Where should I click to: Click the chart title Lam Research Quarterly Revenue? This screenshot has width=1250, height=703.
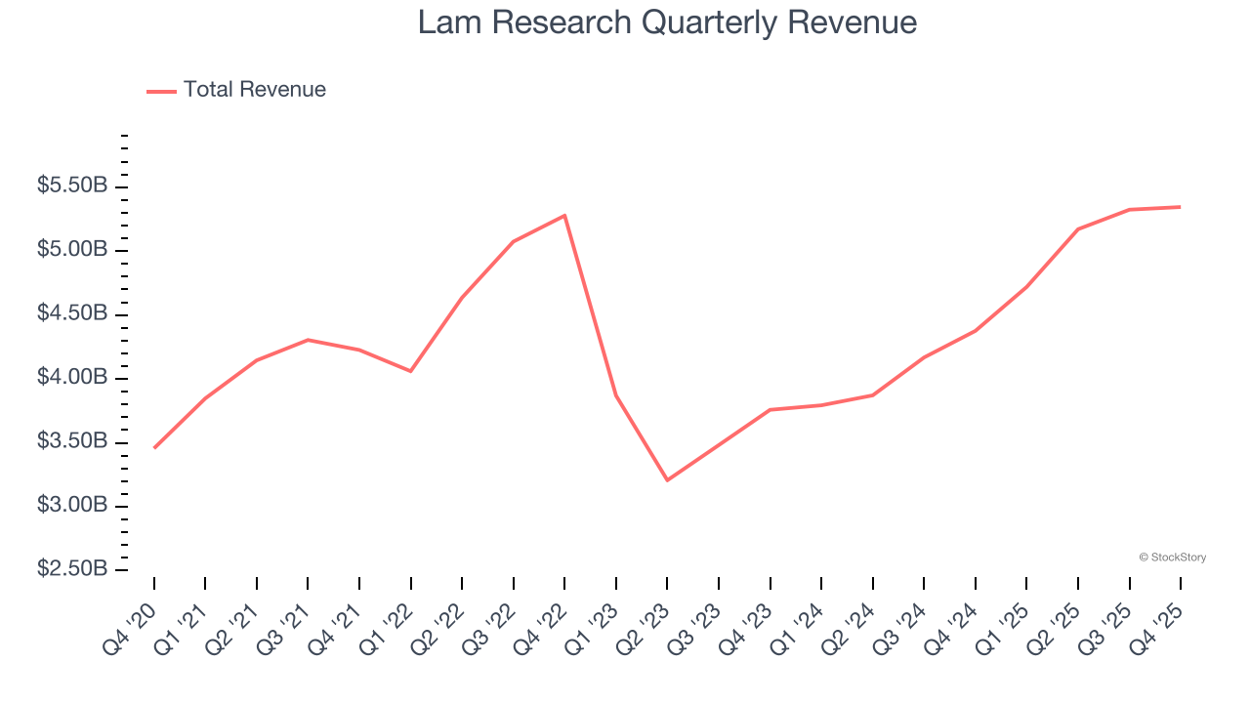[x=667, y=22]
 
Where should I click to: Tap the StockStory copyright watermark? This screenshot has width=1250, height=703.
[x=1172, y=558]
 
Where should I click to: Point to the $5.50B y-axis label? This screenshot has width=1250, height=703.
[x=71, y=186]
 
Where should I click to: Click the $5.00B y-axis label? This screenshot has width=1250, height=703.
[x=71, y=250]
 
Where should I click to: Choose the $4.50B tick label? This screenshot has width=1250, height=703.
[x=71, y=314]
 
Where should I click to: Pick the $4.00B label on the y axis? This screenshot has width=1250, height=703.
[x=71, y=378]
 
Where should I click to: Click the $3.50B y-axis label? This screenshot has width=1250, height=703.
[x=71, y=442]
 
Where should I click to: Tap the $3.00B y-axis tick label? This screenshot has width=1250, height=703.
[x=71, y=506]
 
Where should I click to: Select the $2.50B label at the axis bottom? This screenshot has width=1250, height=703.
[x=71, y=569]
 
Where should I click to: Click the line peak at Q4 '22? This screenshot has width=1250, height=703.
[x=564, y=215]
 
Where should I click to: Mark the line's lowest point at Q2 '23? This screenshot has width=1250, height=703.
[x=667, y=480]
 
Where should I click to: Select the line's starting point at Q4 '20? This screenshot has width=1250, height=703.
[x=154, y=448]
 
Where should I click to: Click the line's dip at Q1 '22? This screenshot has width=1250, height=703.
[x=410, y=371]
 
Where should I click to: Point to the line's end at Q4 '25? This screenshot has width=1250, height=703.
[x=1181, y=207]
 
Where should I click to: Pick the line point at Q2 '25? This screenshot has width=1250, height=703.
[x=1078, y=228]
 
